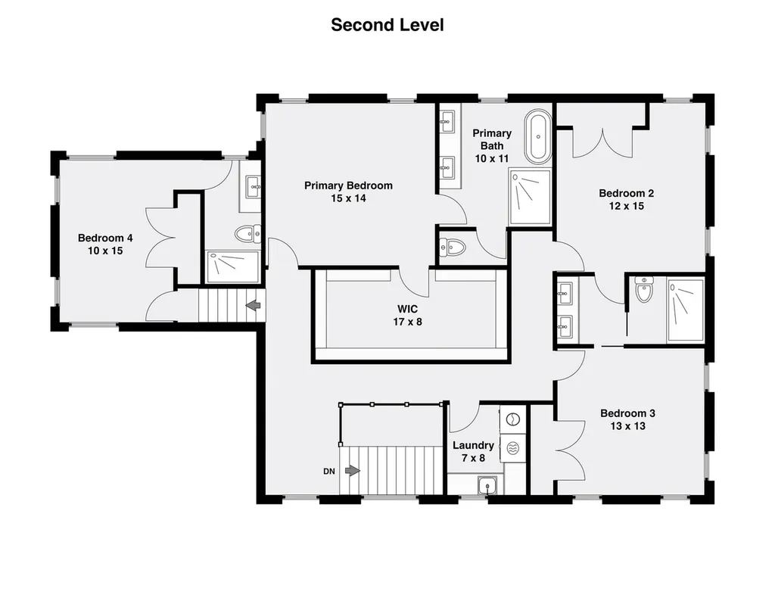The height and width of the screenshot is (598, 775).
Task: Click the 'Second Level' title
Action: [x=387, y=25]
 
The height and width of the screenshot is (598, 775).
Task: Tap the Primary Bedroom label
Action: [x=348, y=192]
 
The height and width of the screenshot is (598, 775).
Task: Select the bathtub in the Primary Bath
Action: [x=538, y=137]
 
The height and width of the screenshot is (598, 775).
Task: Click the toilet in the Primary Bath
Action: [x=453, y=247]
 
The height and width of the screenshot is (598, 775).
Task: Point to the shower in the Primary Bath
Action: [x=530, y=197]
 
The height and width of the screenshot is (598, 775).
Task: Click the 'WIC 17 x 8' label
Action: [x=408, y=316]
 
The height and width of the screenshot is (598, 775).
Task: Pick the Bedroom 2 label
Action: [x=626, y=200]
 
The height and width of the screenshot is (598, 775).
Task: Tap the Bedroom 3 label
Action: [x=627, y=419]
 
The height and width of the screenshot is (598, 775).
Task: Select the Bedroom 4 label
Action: [x=105, y=244]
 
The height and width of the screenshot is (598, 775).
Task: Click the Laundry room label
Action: [x=474, y=452]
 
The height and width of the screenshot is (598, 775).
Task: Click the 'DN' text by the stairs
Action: [x=329, y=472]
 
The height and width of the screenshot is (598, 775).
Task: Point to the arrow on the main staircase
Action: [x=353, y=471]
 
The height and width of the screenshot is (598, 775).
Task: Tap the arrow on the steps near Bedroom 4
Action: [x=253, y=305]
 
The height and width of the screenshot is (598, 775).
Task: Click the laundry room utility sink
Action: [x=487, y=485]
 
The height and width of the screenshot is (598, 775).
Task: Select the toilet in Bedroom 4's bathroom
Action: [x=248, y=233]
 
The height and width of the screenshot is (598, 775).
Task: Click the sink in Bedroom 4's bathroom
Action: [x=254, y=186]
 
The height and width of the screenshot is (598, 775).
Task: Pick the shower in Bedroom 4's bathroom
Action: [x=232, y=267]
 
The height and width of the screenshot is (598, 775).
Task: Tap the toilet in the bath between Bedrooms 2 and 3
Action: [x=644, y=290]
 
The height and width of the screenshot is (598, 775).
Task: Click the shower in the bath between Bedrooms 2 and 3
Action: [x=685, y=310]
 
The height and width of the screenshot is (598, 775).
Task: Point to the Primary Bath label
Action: [x=492, y=146]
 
